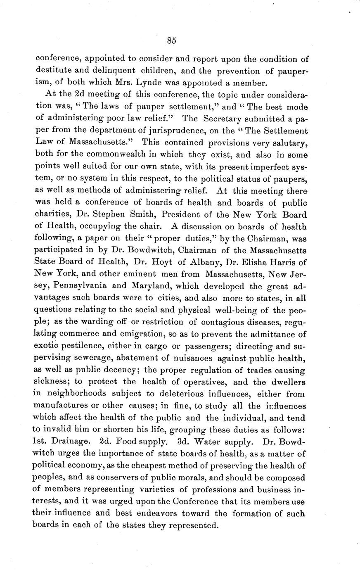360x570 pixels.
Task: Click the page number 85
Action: [172, 40]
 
